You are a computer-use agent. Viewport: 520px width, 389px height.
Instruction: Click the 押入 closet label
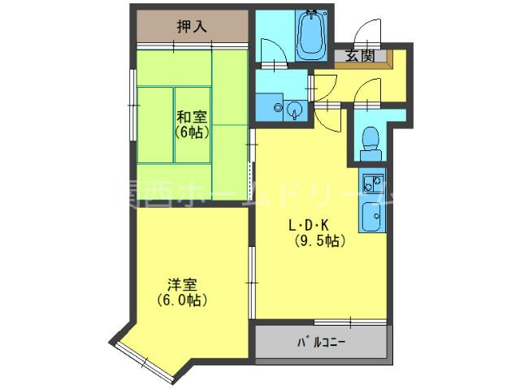(x=192, y=26)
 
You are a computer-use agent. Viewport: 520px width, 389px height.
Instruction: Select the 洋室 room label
(x=183, y=285)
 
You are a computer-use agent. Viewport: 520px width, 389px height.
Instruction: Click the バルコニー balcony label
(x=322, y=343)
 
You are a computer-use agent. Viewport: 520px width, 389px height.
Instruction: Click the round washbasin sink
(x=295, y=109)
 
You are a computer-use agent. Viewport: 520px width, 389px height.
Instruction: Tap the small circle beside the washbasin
(x=279, y=106)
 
